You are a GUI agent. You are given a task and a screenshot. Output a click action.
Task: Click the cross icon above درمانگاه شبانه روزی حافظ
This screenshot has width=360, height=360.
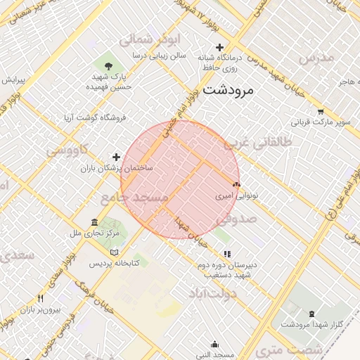click(x=219, y=47)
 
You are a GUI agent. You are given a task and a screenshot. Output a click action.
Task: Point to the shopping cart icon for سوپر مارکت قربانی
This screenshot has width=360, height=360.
click(x=321, y=111)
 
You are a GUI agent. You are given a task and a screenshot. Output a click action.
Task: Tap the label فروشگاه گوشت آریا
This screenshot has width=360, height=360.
click(x=94, y=117)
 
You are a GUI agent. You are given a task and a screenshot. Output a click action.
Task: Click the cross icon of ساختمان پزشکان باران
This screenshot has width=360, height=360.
click(x=117, y=157)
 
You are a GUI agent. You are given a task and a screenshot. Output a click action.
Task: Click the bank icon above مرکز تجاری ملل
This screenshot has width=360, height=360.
click(x=95, y=223)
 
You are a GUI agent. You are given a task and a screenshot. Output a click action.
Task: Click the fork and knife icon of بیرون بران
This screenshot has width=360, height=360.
click(x=40, y=299)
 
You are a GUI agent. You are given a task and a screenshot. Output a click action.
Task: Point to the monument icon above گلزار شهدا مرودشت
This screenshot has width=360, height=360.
click(x=311, y=314)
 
